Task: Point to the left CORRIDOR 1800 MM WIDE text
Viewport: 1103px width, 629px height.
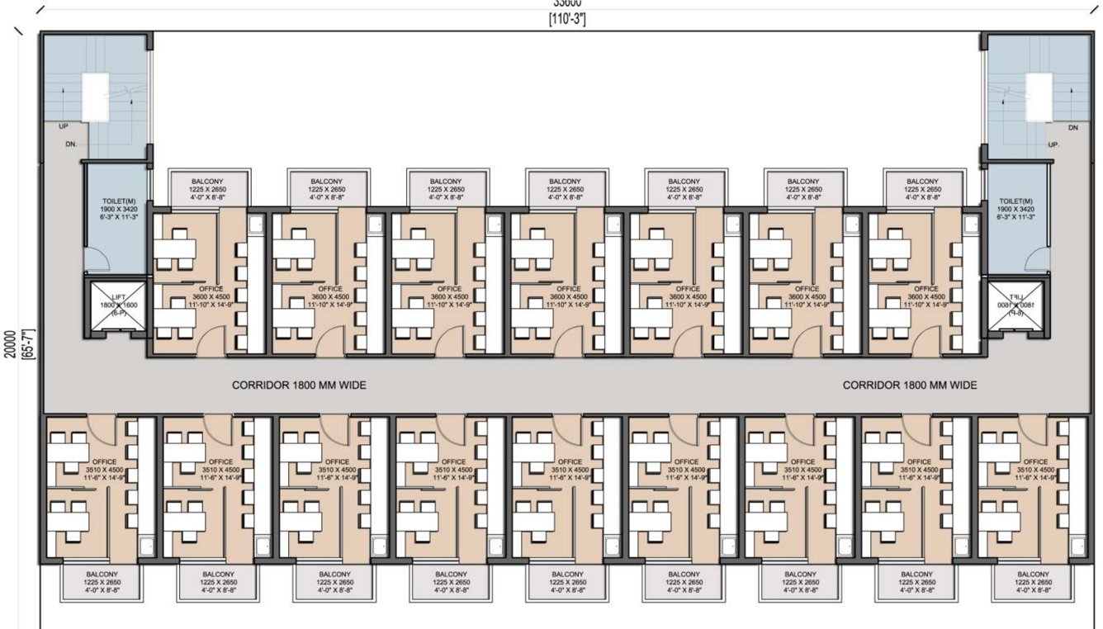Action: click(299, 385)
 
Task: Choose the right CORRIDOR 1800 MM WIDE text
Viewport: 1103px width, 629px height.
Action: click(910, 385)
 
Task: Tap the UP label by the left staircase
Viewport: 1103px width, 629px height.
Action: click(64, 127)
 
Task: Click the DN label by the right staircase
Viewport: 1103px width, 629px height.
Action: click(1072, 127)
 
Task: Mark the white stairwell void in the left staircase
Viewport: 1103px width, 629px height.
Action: click(96, 97)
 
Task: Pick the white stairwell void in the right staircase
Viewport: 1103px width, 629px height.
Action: click(1039, 97)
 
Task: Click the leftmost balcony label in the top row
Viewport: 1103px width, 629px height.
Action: click(208, 189)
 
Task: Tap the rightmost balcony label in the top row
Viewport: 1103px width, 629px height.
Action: click(922, 189)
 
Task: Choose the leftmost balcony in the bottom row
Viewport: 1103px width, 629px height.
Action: click(102, 582)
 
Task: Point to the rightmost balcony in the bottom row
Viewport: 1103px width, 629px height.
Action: click(1033, 582)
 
